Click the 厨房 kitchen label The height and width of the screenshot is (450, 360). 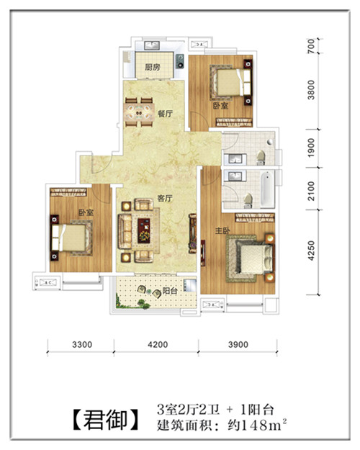pos(152,68)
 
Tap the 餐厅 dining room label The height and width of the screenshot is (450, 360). pos(166,114)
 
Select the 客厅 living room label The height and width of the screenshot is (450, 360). pos(165,198)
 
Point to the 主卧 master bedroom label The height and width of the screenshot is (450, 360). pos(222,230)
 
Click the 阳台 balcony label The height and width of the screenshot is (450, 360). pos(170,291)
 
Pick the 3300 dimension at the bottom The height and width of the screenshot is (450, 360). pos(82,344)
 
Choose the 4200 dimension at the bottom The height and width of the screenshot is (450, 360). pos(158,344)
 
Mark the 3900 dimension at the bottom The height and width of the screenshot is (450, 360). pos(238,344)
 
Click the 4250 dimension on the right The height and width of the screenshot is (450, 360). pos(311,251)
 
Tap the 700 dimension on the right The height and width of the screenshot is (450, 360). pos(311,46)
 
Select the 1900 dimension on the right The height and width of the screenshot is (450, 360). pos(311,148)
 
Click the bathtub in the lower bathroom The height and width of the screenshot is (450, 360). pos(267,189)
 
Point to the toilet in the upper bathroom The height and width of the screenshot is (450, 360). pos(261,158)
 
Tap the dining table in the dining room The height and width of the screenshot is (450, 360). pos(139,112)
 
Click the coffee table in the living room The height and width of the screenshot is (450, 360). pos(144,230)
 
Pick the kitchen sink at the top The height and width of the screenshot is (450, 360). pos(152,45)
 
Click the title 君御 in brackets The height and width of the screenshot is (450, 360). pos(105,420)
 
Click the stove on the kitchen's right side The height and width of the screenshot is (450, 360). pos(180,61)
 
